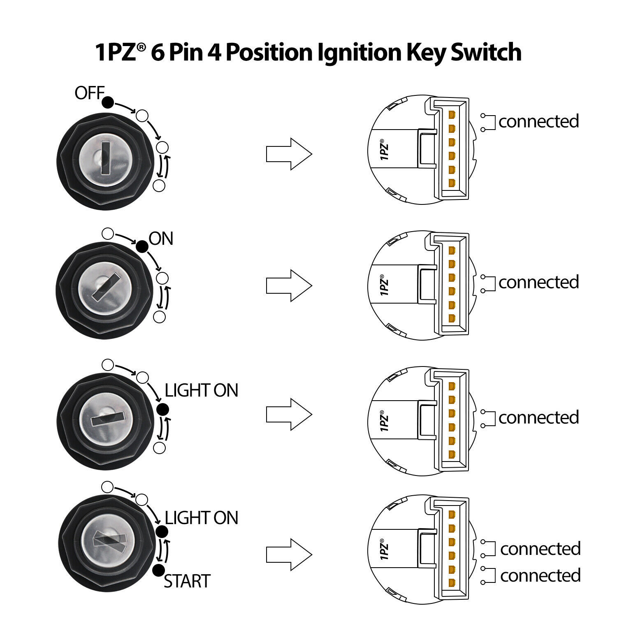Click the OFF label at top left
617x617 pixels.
click(x=89, y=93)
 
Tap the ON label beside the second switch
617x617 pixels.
click(x=161, y=239)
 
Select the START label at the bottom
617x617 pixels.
click(x=187, y=581)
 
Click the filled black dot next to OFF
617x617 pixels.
click(x=108, y=102)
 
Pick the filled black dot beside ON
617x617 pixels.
click(x=142, y=246)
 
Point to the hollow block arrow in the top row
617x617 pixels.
click(x=289, y=154)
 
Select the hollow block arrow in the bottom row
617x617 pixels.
click(x=289, y=554)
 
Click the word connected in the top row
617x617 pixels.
click(x=538, y=121)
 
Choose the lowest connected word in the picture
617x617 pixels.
click(x=540, y=575)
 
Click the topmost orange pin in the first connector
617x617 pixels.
click(x=452, y=114)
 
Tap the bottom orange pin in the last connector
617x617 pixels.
click(x=452, y=583)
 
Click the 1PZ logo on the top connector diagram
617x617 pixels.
click(x=384, y=150)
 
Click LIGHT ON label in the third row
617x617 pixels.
click(x=201, y=390)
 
